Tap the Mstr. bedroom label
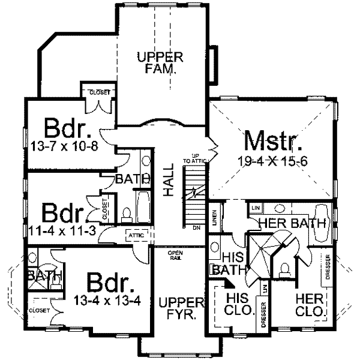coord(273,143)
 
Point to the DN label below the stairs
coord(196,228)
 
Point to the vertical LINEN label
coord(214,218)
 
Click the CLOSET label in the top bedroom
coord(98,92)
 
